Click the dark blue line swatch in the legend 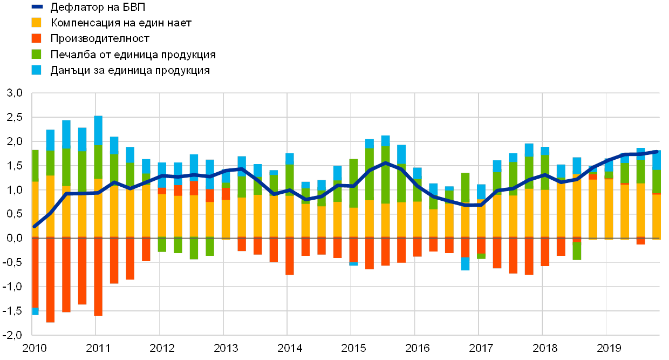tap(37, 7)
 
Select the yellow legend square tap(37, 23)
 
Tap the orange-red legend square tap(37, 38)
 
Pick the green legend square tap(37, 55)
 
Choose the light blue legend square tap(37, 70)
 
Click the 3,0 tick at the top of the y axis tap(15, 93)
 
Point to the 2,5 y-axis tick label tap(15, 118)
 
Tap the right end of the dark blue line tap(657, 152)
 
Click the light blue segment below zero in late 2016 tap(465, 263)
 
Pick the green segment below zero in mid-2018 tap(577, 251)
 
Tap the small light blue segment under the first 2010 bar tap(35, 311)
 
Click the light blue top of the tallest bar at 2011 tap(98, 130)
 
